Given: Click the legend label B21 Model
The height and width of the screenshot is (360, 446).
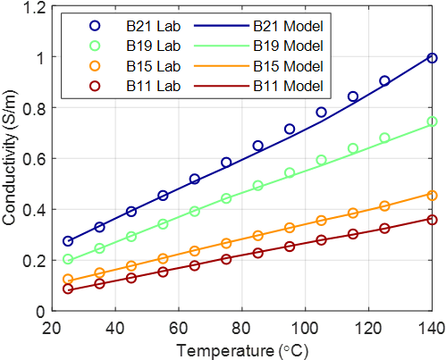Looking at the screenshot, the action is click(x=288, y=26).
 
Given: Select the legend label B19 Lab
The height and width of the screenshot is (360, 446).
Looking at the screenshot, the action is click(x=154, y=46).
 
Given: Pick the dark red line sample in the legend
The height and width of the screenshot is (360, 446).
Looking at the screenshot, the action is click(x=222, y=87).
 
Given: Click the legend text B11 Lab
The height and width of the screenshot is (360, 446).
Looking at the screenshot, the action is click(x=154, y=86).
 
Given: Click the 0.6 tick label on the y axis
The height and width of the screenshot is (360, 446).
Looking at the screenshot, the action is click(x=36, y=159).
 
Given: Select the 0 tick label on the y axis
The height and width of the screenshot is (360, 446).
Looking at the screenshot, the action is click(x=41, y=312).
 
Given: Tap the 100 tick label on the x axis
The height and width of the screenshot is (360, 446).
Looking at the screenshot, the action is click(x=305, y=329).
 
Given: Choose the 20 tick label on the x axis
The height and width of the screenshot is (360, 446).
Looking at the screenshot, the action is click(x=53, y=329).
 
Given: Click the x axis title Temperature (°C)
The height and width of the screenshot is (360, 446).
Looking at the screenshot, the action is click(x=242, y=350).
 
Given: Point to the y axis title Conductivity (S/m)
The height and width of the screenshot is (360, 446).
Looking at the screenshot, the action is click(x=9, y=157).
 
